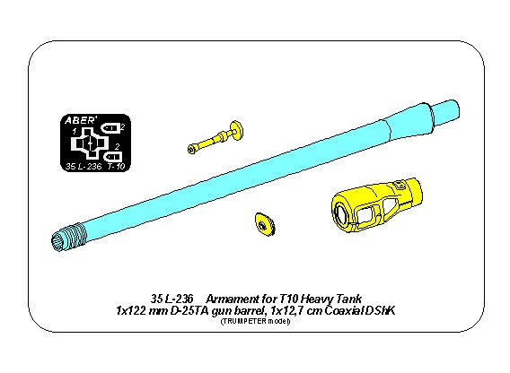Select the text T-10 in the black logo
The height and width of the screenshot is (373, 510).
[115, 167]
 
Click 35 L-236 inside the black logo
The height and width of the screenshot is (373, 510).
[82, 167]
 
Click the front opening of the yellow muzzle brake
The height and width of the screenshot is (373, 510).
[344, 211]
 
